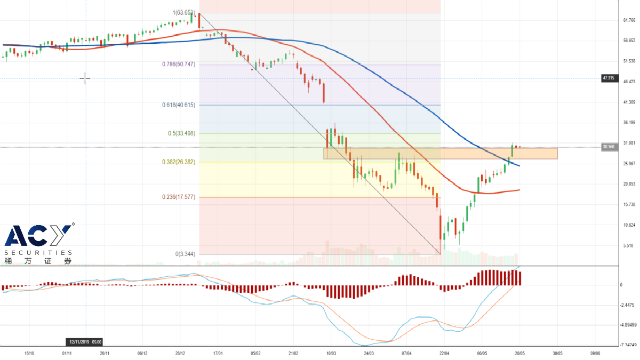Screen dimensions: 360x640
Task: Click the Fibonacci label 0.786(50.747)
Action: pos(179,64)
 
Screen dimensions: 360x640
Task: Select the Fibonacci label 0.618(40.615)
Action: pos(179,105)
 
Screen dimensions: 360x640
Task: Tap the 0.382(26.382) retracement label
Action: pos(179,162)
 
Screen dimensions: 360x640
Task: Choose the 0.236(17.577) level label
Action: pos(179,197)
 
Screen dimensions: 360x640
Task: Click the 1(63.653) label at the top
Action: pos(183,13)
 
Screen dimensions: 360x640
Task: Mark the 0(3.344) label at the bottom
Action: pos(185,254)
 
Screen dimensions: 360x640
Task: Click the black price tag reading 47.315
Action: pos(608,78)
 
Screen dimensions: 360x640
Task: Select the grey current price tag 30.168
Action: pos(609,147)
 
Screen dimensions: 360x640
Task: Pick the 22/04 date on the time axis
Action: pos(444,353)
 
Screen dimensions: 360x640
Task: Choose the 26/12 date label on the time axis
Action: pos(180,353)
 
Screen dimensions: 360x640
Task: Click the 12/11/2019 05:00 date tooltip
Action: pos(85,342)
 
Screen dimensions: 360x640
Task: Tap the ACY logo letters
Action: pos(37,236)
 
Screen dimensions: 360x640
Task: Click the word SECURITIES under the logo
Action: pos(38,252)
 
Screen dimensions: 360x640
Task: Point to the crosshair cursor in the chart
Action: pos(85,79)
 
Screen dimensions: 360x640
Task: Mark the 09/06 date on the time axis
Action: pos(595,353)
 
